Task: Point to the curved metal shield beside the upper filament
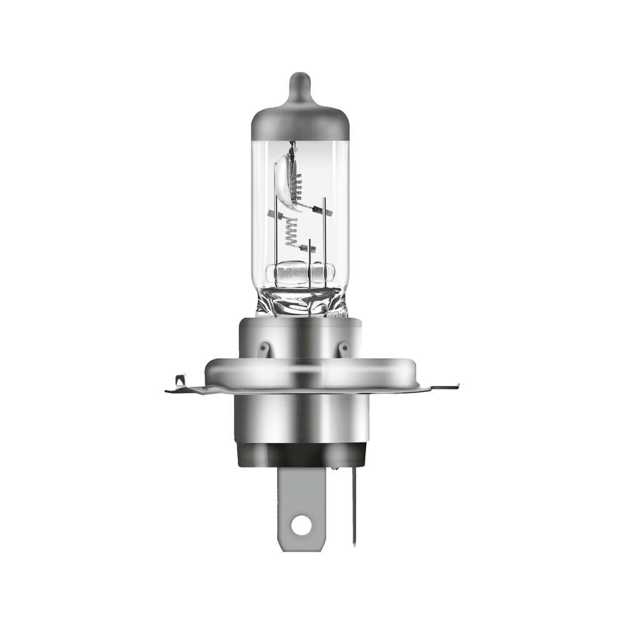pos(285,178)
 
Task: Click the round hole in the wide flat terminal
pos(301,526)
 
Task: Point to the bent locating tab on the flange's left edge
pos(180,380)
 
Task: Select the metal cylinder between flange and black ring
pos(301,418)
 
